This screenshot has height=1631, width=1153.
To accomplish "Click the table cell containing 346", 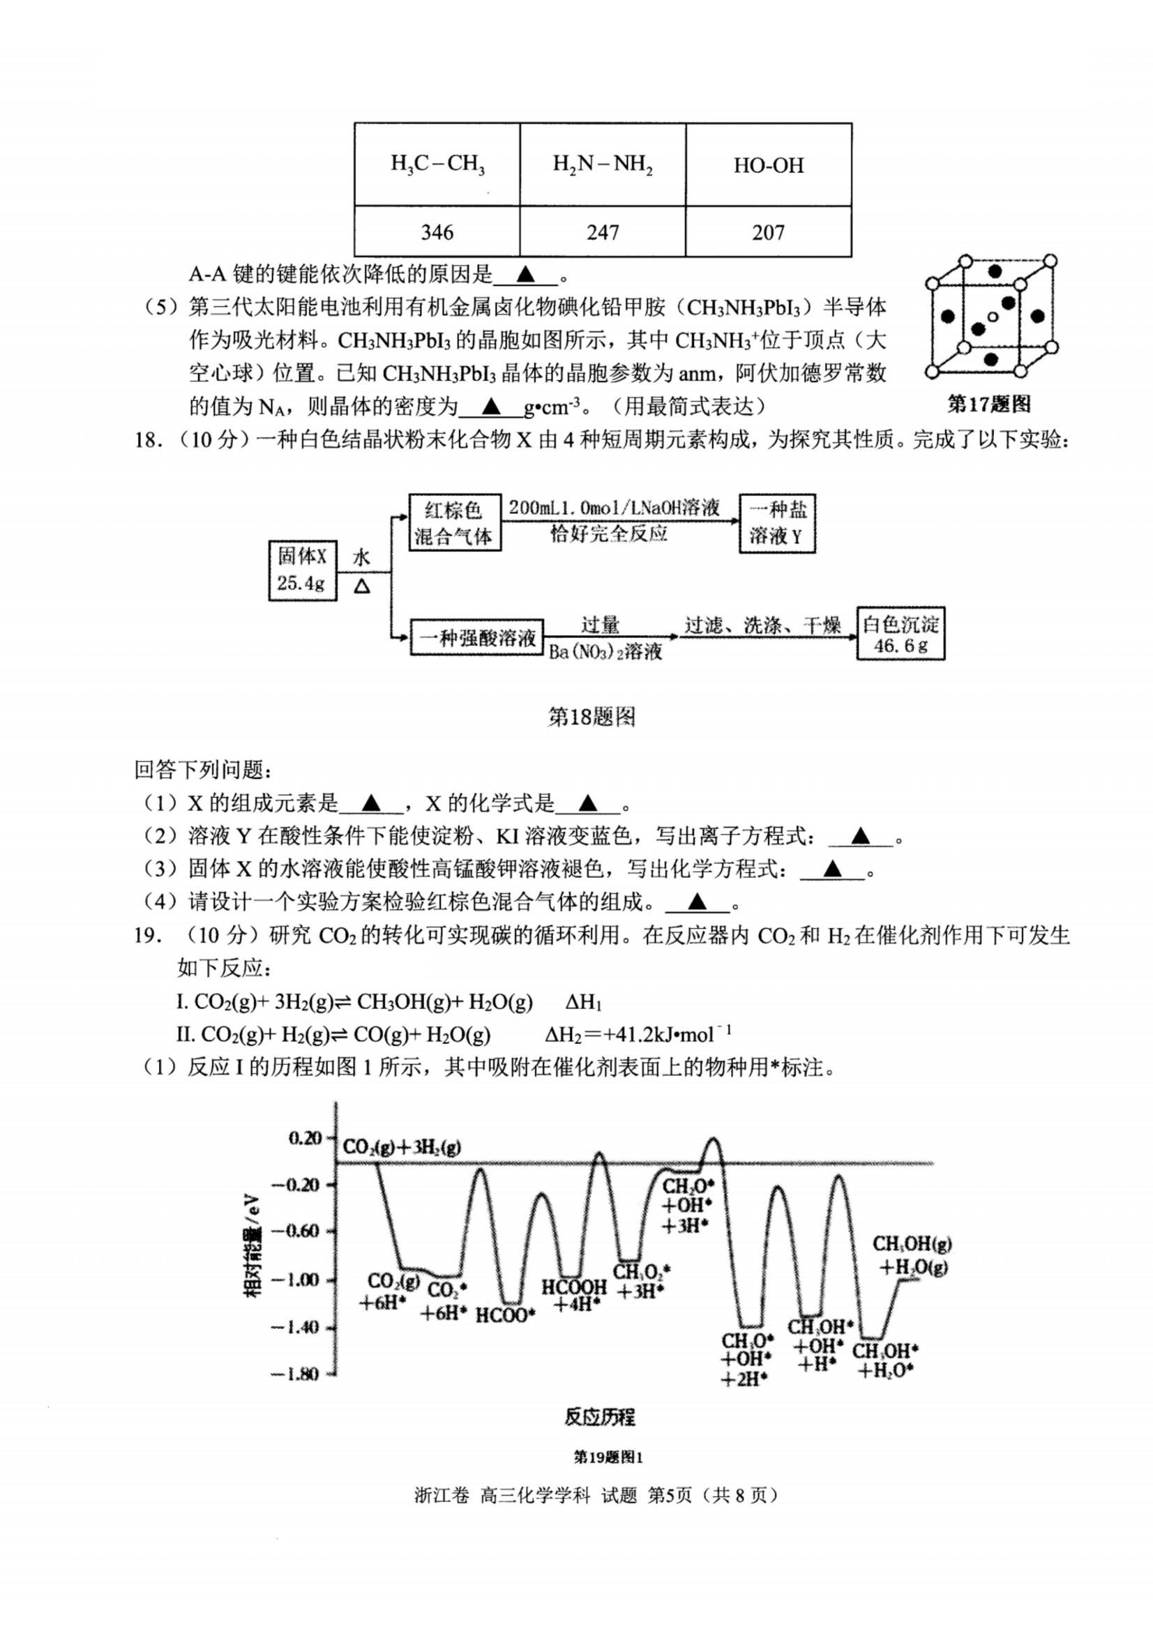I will (437, 232).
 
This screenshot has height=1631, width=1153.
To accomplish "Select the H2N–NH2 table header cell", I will (603, 165).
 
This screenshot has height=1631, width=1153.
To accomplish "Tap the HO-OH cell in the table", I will (768, 165).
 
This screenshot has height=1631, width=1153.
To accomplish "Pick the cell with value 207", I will (768, 232).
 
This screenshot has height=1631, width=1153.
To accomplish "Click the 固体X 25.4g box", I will (302, 570).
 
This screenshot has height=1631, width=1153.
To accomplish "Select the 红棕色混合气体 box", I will (455, 523).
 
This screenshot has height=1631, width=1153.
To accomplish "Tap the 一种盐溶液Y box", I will (776, 523).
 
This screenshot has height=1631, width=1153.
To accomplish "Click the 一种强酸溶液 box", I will (476, 637).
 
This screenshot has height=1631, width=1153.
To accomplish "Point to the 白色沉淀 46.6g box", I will (900, 634).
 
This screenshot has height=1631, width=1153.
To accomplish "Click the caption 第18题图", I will (591, 717).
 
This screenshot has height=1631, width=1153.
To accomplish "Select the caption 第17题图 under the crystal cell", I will (989, 404).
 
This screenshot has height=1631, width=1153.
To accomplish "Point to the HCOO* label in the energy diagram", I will (504, 1315).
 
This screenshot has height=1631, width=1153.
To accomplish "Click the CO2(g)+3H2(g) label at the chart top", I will (401, 1146).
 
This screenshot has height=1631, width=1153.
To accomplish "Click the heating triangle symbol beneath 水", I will (361, 586).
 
